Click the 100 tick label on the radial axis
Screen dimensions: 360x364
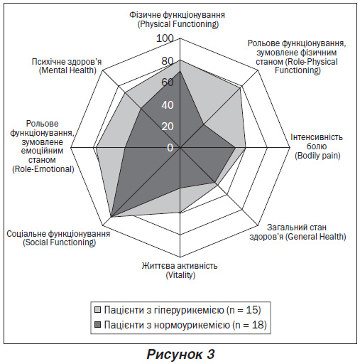(165, 38)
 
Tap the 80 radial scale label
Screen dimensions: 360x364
(168, 61)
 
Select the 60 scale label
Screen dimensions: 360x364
(168, 82)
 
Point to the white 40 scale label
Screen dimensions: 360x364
(168, 105)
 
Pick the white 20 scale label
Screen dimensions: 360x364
(168, 127)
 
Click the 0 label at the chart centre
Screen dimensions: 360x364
(170, 148)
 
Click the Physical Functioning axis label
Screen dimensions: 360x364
(178, 19)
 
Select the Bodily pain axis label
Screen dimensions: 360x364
(317, 146)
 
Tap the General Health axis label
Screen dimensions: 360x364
(298, 232)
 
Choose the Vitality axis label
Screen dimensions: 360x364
(180, 270)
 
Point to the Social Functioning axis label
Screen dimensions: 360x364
(58, 238)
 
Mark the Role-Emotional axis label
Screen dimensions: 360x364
(42, 146)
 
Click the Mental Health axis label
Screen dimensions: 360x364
(67, 66)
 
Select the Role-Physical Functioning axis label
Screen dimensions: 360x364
(297, 57)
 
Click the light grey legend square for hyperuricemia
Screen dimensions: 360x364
(97, 310)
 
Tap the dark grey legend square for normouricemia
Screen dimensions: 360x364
(97, 324)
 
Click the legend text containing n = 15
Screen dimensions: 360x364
(182, 310)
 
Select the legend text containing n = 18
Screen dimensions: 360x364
(185, 325)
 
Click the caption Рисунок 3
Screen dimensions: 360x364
(180, 354)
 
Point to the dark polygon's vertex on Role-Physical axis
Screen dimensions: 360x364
(203, 124)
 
